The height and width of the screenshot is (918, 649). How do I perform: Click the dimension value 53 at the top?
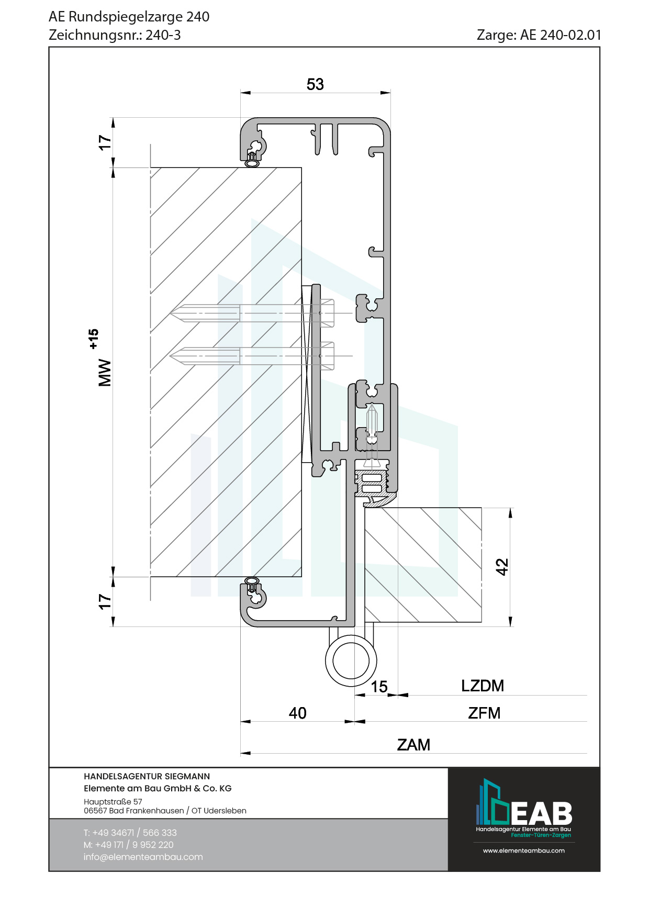click(315, 84)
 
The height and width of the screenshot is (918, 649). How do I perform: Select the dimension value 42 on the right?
click(502, 566)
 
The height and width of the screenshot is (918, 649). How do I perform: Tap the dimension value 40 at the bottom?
click(297, 713)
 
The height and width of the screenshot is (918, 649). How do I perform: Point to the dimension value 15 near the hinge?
click(379, 687)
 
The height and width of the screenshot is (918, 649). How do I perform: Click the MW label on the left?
click(105, 372)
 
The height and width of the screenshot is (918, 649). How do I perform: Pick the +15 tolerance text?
click(93, 339)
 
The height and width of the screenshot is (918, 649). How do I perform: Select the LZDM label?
click(482, 686)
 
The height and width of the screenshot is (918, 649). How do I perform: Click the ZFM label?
click(484, 713)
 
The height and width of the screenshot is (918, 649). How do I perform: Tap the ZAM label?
click(413, 745)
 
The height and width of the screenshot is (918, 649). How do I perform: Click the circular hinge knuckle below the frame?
click(351, 660)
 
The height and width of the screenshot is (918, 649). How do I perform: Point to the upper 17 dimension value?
click(105, 142)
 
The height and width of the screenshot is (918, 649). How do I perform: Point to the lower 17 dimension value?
click(105, 601)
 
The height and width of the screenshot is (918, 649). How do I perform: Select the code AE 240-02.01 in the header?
click(561, 35)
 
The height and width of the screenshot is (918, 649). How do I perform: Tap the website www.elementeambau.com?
click(523, 850)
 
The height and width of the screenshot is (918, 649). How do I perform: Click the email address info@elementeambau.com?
click(143, 857)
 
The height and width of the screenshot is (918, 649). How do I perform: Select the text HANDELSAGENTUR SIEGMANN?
click(147, 776)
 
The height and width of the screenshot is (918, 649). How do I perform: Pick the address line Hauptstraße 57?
click(113, 801)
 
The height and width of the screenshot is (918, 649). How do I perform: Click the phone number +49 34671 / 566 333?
click(135, 833)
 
